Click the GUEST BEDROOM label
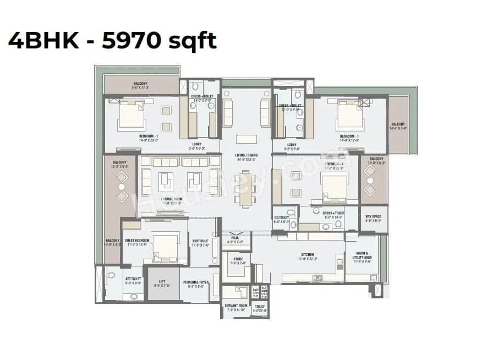click(138, 241)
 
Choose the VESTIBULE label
click(200, 241)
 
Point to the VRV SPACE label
click(373, 216)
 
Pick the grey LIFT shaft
click(163, 283)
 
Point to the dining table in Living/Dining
click(245, 189)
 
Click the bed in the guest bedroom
click(165, 246)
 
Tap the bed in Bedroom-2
click(334, 188)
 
